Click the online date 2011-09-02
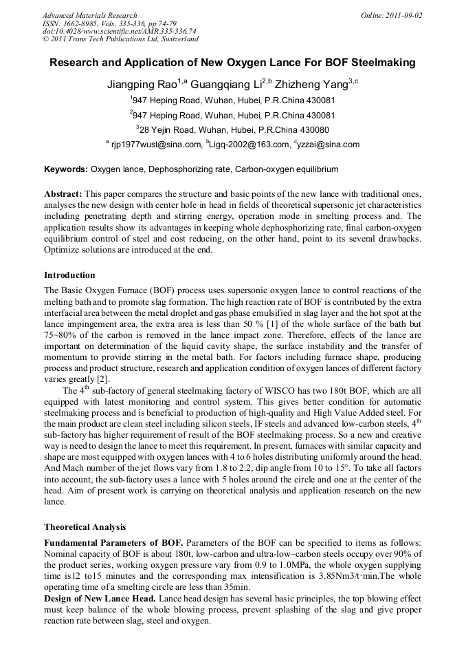401,14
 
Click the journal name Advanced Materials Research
89,14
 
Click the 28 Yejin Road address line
232,129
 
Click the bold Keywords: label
66,169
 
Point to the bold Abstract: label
63,195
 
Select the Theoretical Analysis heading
85,527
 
